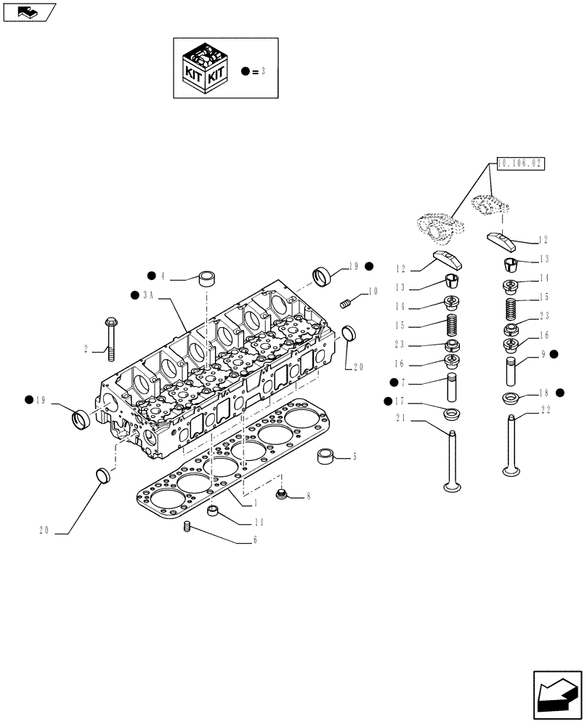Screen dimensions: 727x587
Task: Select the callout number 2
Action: click(x=86, y=350)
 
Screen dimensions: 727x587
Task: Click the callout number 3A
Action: click(x=150, y=295)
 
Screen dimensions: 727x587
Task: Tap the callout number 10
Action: click(x=373, y=291)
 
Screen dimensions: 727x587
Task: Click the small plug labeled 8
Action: click(x=283, y=496)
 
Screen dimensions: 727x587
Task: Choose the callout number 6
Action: click(x=254, y=540)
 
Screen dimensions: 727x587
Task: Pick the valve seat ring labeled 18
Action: click(x=511, y=398)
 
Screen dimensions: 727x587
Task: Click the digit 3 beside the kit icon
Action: click(x=263, y=71)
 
